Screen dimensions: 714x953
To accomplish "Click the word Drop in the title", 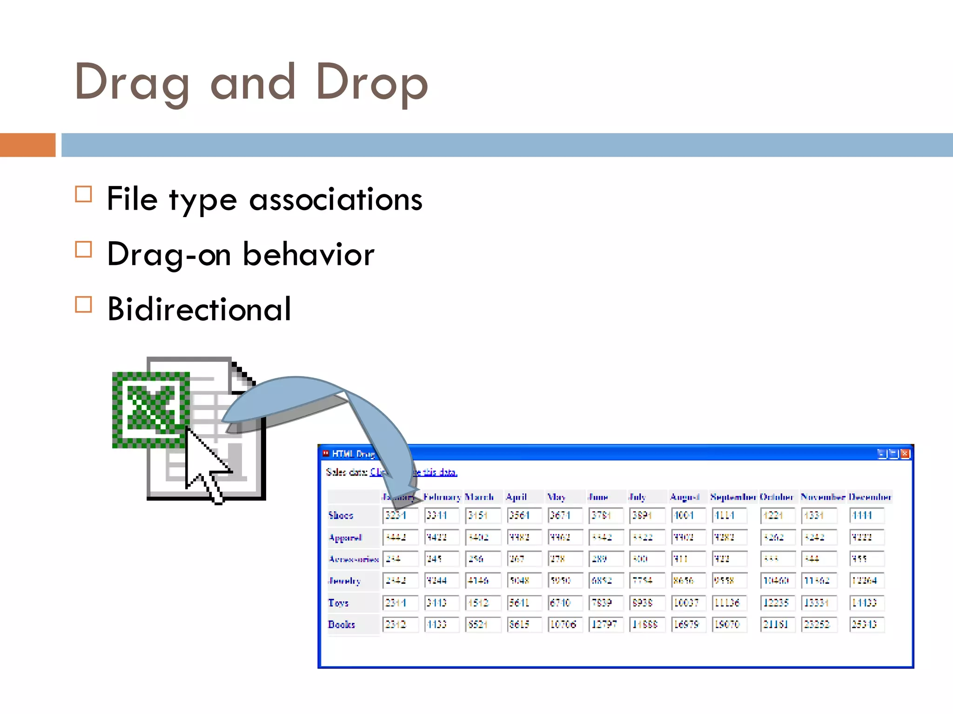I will pyautogui.click(x=371, y=83).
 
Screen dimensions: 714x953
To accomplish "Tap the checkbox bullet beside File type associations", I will pyautogui.click(x=83, y=194).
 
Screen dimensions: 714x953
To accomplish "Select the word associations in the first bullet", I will pyautogui.click(x=336, y=199).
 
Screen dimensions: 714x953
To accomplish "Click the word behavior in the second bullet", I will pyautogui.click(x=308, y=254).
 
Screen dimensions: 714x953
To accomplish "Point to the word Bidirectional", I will pyautogui.click(x=199, y=309).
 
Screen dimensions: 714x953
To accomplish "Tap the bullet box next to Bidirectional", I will pyautogui.click(x=83, y=304).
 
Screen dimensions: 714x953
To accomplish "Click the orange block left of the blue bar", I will pyautogui.click(x=27, y=145).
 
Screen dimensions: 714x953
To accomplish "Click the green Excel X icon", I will pyautogui.click(x=151, y=409).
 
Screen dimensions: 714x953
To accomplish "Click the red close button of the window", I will pyautogui.click(x=905, y=454).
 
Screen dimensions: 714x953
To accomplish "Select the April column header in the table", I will pyautogui.click(x=516, y=497).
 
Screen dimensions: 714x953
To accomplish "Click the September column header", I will pyautogui.click(x=733, y=497).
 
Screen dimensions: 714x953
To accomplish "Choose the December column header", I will pyautogui.click(x=869, y=497).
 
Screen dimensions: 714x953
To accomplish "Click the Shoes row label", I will pyautogui.click(x=341, y=515).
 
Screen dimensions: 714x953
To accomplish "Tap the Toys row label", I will pyautogui.click(x=338, y=602).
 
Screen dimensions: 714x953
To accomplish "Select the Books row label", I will pyautogui.click(x=342, y=624).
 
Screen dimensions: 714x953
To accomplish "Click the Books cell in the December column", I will pyautogui.click(x=866, y=624).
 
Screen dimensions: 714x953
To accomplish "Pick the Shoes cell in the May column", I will pyautogui.click(x=564, y=515).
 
